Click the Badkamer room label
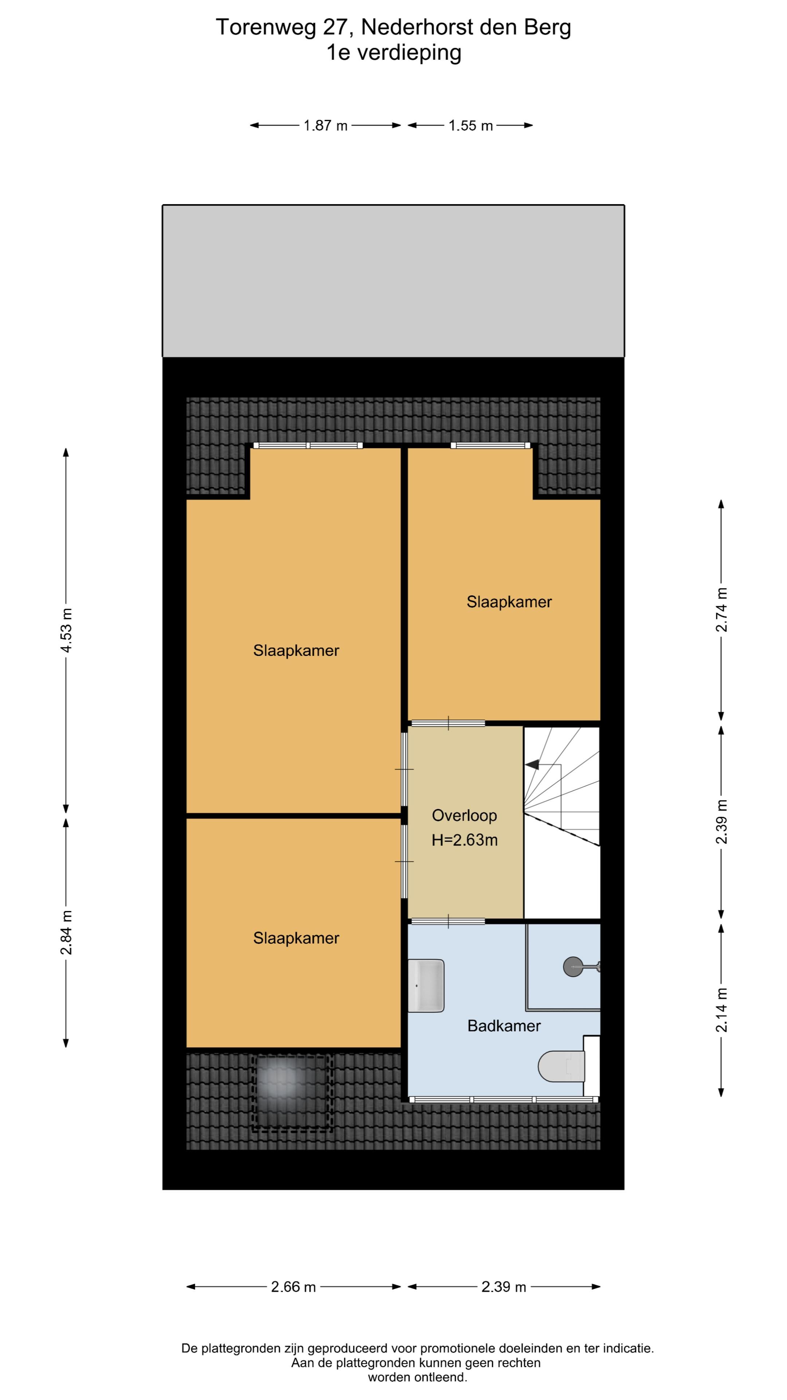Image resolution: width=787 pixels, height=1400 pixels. (504, 1026)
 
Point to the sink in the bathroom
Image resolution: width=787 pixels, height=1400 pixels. (426, 986)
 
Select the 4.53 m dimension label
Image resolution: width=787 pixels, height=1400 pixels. (66, 630)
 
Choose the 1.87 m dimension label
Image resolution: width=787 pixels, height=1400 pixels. (325, 125)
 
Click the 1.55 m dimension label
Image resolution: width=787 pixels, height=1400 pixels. (470, 125)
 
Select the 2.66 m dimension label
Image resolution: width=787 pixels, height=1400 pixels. (293, 1287)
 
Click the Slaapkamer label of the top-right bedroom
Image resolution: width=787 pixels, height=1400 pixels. (509, 602)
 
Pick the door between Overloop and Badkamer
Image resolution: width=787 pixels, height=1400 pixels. (448, 921)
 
